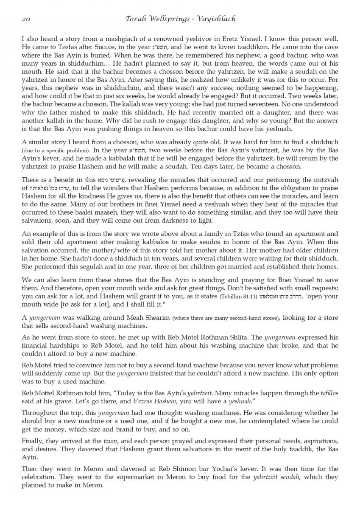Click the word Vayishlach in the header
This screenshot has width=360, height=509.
(218, 19)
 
